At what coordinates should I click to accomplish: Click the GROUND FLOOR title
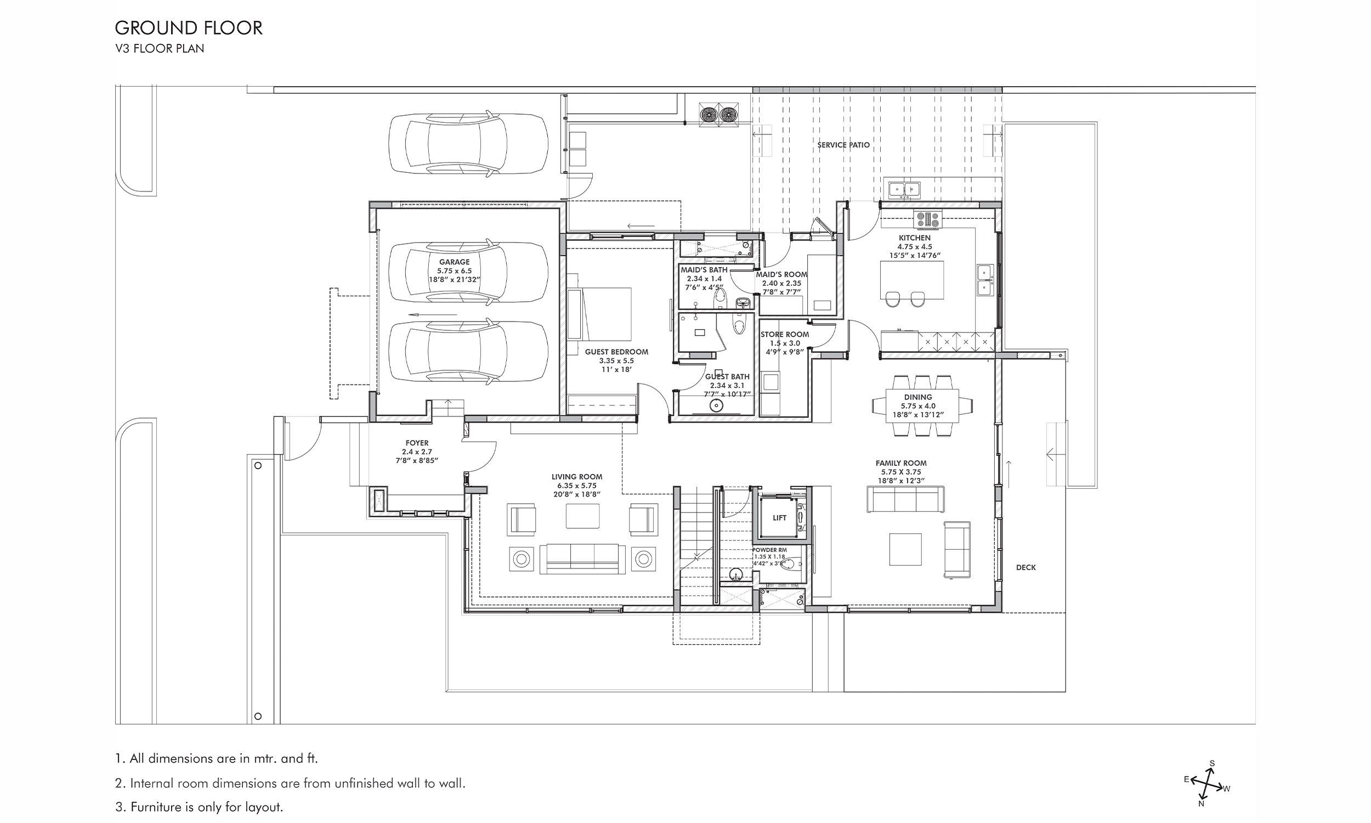(x=189, y=28)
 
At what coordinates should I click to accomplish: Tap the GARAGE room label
(x=455, y=262)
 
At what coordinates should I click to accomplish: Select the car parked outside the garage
(x=468, y=144)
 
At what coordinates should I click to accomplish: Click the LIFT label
(x=779, y=518)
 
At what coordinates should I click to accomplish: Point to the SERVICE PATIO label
(x=843, y=145)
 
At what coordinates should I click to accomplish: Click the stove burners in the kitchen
(x=928, y=219)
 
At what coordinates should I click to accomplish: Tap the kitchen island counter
(x=911, y=279)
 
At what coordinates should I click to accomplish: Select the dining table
(x=921, y=405)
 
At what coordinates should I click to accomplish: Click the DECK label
(x=1026, y=567)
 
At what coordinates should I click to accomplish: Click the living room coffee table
(x=582, y=516)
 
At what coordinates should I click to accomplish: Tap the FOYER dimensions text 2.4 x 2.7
(x=417, y=452)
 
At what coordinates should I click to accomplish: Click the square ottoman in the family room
(x=905, y=549)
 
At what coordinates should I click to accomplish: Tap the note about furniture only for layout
(x=199, y=807)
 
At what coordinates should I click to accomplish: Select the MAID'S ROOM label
(x=781, y=274)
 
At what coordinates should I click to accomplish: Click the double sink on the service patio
(x=904, y=190)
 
